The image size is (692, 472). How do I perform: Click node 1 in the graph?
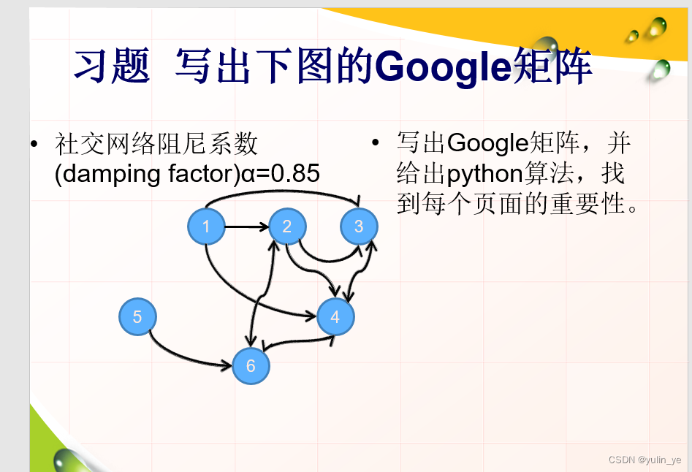pos(206,227)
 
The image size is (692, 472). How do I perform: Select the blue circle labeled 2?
pos(286,227)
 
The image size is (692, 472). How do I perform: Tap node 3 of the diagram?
pos(358,227)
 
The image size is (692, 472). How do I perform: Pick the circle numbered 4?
pos(335,317)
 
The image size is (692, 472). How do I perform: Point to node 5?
pos(137,317)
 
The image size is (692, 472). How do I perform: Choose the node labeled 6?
pos(251,366)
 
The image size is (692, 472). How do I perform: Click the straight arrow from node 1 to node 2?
pos(246,227)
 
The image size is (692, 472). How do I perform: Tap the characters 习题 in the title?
pos(111,67)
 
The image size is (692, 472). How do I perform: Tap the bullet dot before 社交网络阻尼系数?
pos(34,143)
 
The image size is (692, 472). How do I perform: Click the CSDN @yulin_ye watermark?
pos(645,460)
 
